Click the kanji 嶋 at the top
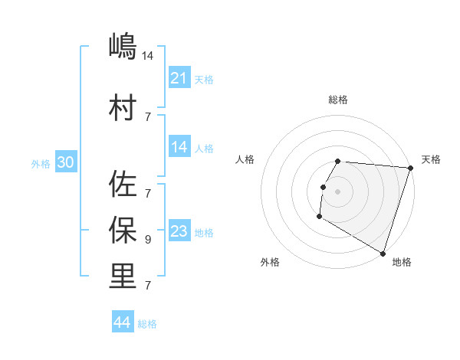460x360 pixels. pyautogui.click(x=123, y=47)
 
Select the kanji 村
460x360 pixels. pyautogui.click(x=123, y=107)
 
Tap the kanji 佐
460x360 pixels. pyautogui.click(x=123, y=184)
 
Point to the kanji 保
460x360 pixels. pyautogui.click(x=123, y=229)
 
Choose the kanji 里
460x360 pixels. pyautogui.click(x=123, y=276)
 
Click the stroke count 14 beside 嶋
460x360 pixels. pyautogui.click(x=148, y=55)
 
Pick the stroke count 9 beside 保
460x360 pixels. pyautogui.click(x=148, y=239)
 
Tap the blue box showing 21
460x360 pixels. pyautogui.click(x=179, y=78)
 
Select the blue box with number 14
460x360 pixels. pyautogui.click(x=179, y=147)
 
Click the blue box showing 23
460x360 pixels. pyautogui.click(x=179, y=231)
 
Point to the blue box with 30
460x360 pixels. pyautogui.click(x=65, y=162)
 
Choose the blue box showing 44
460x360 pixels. pyautogui.click(x=122, y=322)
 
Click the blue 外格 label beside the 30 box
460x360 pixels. pyautogui.click(x=41, y=163)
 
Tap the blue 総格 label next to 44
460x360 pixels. pyautogui.click(x=147, y=324)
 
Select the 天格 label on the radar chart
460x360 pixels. pyautogui.click(x=431, y=159)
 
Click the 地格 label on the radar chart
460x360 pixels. pyautogui.click(x=402, y=262)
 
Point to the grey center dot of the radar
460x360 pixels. pyautogui.click(x=337, y=191)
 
